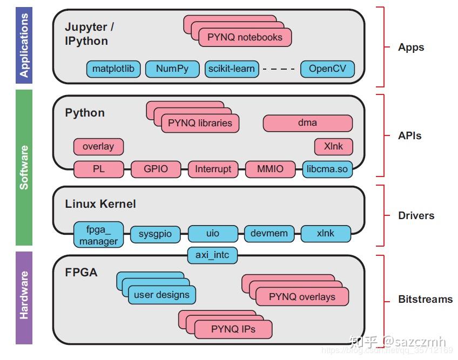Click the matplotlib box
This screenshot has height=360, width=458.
[x=113, y=69]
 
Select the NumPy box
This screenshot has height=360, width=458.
[x=172, y=69]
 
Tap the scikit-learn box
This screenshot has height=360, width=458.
[x=232, y=69]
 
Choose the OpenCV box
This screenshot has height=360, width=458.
[x=327, y=69]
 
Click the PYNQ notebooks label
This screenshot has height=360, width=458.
[x=245, y=37]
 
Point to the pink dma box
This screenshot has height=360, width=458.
[x=307, y=123]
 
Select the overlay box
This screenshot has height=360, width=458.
[x=98, y=146]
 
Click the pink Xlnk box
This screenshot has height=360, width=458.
[x=333, y=146]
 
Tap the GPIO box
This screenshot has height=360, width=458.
[x=156, y=169]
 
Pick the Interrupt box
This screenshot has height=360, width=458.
[x=213, y=169]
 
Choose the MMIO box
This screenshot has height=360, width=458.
[x=270, y=169]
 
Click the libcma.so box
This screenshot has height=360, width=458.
[x=327, y=169]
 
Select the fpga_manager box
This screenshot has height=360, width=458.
[x=98, y=235]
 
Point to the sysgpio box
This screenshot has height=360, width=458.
[x=155, y=234]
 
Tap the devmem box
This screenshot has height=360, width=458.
[x=270, y=234]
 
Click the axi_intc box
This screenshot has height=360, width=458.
[x=212, y=255]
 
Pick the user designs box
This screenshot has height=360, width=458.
[x=161, y=295]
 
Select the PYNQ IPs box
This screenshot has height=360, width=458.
[x=233, y=329]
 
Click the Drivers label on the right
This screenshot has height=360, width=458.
[x=416, y=215]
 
